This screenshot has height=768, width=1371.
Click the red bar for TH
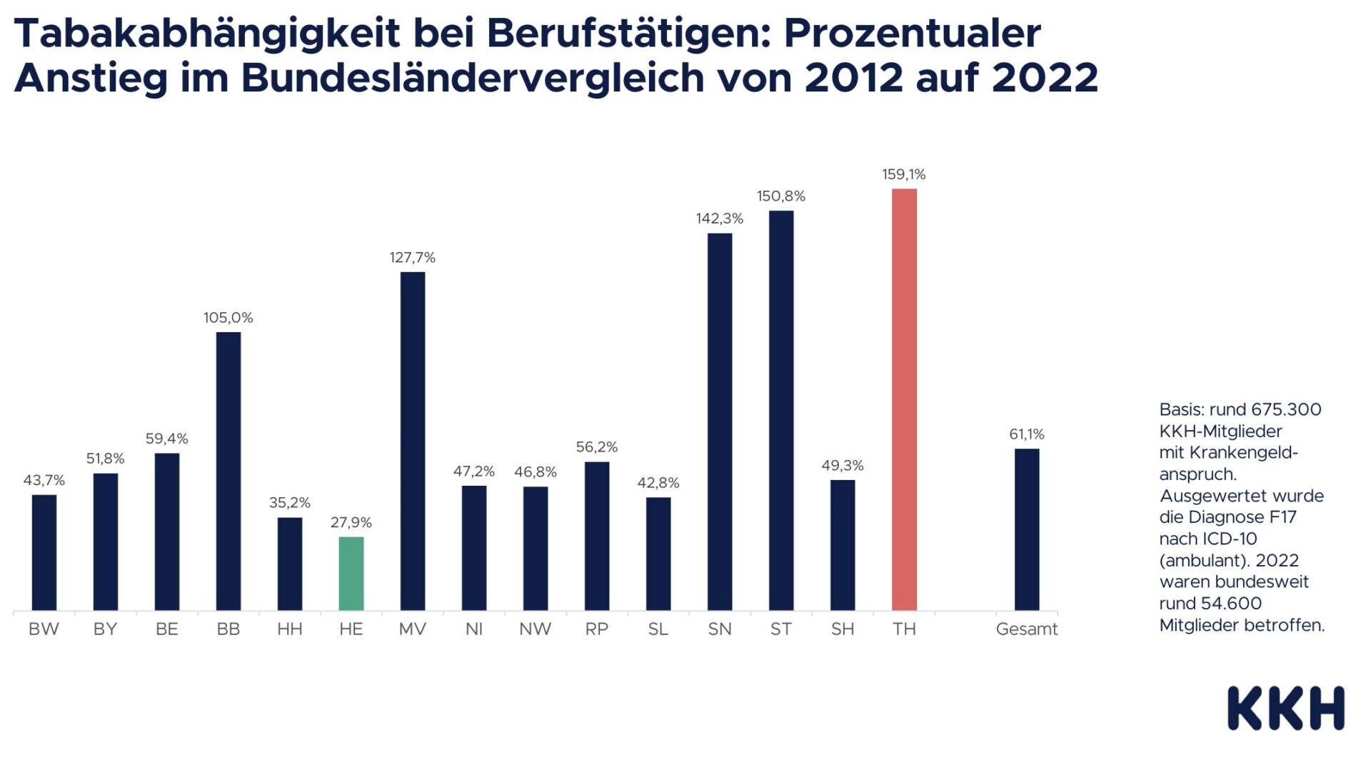(x=904, y=399)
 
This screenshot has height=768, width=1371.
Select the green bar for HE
(x=351, y=574)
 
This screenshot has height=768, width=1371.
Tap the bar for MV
(x=412, y=441)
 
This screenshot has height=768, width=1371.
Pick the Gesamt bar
(x=1027, y=529)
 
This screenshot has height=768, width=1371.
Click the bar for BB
(x=228, y=471)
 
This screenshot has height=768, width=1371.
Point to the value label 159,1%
(x=903, y=174)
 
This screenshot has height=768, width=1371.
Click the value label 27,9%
(x=351, y=523)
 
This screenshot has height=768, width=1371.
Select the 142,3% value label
(x=719, y=219)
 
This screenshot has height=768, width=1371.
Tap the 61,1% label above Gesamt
(x=1026, y=434)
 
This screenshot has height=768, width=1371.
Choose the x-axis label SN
(x=719, y=629)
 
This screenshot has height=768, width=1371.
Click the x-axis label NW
(x=535, y=629)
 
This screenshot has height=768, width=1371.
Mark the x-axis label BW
(x=44, y=629)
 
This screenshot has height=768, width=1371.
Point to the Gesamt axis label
(x=1026, y=629)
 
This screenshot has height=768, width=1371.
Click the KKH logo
(x=1285, y=708)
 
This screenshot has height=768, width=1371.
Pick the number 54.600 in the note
(x=1226, y=604)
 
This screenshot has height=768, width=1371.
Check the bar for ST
(x=781, y=411)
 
